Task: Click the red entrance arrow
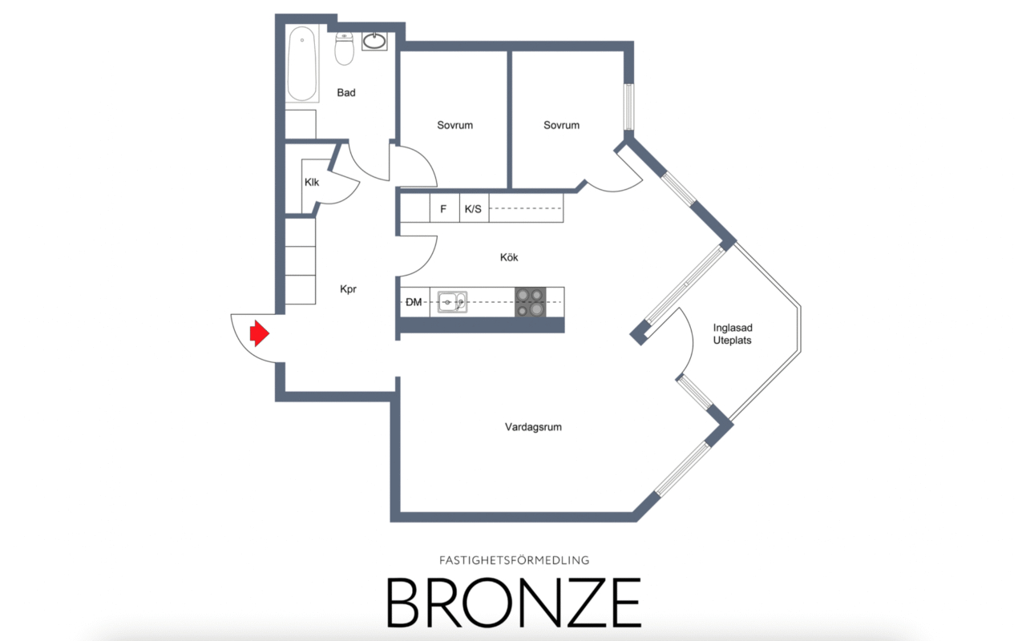[259, 333]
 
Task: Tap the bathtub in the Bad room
[302, 63]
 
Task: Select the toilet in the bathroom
[344, 48]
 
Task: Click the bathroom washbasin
[374, 41]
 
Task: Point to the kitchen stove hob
[531, 302]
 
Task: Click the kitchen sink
[452, 302]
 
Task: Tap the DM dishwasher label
[414, 302]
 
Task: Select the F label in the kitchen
[443, 209]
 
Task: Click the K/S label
[473, 209]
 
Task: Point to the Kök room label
[509, 257]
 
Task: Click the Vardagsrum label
[533, 427]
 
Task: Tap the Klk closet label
[312, 182]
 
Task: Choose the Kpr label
[348, 289]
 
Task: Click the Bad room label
[346, 92]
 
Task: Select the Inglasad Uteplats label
[733, 334]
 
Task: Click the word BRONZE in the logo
[514, 602]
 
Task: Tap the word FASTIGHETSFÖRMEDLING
[515, 560]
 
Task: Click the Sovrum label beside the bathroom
[454, 125]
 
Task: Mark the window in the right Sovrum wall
[629, 107]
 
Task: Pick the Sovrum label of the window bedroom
[562, 125]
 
